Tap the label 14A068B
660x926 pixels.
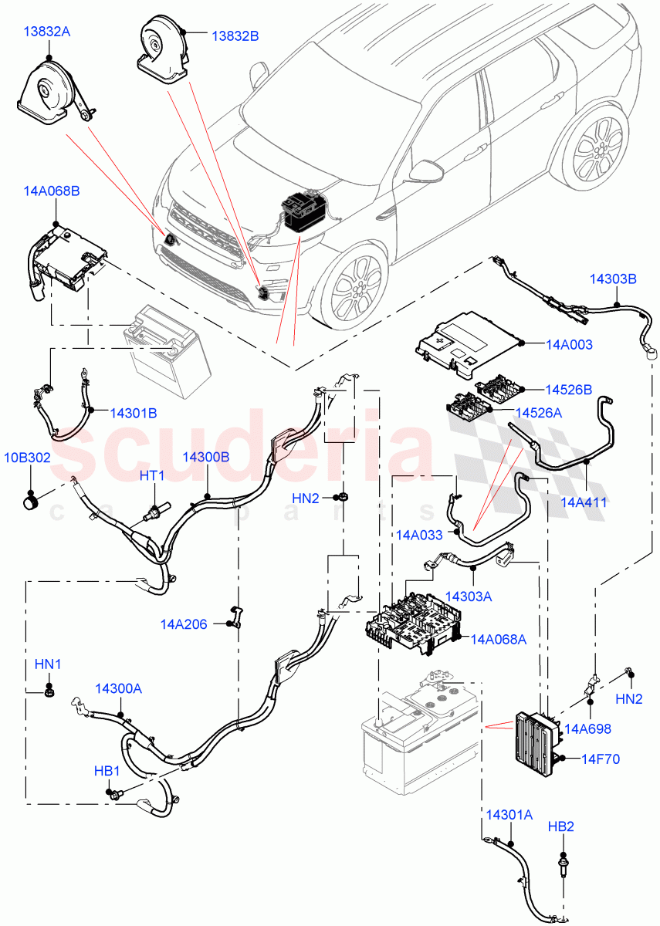(52, 191)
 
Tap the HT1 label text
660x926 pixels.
(152, 476)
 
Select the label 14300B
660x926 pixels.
(205, 457)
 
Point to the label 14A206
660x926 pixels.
(184, 624)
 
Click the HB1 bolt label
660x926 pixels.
(107, 771)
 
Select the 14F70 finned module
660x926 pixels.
(533, 737)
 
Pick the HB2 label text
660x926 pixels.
(561, 826)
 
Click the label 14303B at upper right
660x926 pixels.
(614, 279)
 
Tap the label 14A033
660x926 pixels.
(421, 534)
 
